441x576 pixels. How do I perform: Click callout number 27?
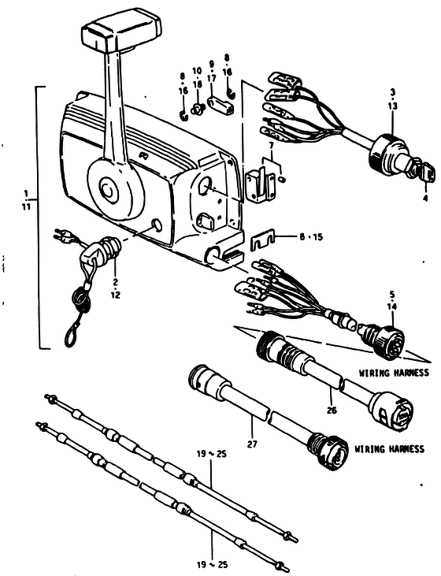(252, 444)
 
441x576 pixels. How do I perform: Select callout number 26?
(332, 410)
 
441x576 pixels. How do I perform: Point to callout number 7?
(272, 146)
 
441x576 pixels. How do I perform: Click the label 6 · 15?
(310, 237)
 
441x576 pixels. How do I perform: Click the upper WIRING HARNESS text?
(394, 373)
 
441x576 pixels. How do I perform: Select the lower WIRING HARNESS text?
(389, 449)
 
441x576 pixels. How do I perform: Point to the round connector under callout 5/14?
(383, 340)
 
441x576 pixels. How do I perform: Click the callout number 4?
(425, 199)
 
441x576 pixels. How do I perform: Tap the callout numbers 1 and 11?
(26, 200)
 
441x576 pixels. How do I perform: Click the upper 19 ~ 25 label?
(211, 454)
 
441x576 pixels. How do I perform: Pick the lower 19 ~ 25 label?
(212, 564)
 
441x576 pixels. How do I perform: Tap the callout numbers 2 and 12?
(115, 288)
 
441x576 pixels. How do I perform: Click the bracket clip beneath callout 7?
(260, 183)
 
